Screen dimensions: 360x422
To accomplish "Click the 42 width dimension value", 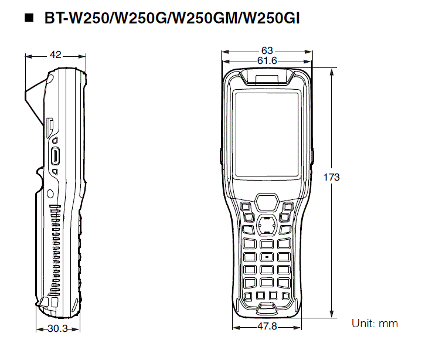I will tap(56, 55).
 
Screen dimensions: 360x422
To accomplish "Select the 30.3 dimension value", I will tap(57, 328).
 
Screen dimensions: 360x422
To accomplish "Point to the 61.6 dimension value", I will tap(267, 60).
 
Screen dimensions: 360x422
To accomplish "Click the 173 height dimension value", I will tap(332, 176).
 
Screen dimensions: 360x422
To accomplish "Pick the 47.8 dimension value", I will tap(267, 327).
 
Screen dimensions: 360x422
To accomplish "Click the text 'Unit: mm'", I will tap(375, 323).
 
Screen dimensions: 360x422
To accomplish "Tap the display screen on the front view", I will tap(267, 135).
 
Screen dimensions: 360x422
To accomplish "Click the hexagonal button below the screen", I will tap(267, 201).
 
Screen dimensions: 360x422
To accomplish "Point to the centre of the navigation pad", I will tap(267, 224).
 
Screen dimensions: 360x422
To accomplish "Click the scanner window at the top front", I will tap(267, 78).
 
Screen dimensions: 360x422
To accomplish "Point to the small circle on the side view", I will tap(50, 193).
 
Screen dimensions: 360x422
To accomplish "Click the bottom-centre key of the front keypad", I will tap(267, 308).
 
